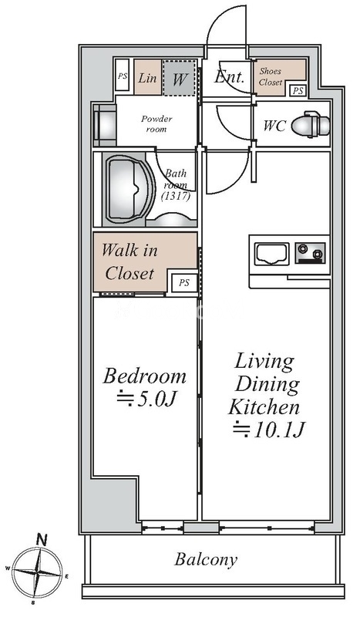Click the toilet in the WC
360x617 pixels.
pyautogui.click(x=311, y=125)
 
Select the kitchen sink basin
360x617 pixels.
pyautogui.click(x=271, y=254)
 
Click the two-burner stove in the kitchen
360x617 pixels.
pyautogui.click(x=310, y=253)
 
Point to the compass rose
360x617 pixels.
pyautogui.click(x=39, y=572)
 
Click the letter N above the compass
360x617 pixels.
pyautogui.click(x=42, y=540)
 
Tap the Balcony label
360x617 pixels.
pyautogui.click(x=206, y=559)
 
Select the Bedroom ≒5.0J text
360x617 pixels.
pyautogui.click(x=145, y=387)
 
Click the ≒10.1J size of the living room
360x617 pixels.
pyautogui.click(x=269, y=430)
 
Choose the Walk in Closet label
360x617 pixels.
pyautogui.click(x=130, y=261)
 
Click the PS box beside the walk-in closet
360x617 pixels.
pyautogui.click(x=184, y=282)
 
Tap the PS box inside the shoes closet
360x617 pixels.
pyautogui.click(x=298, y=90)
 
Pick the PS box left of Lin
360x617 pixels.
pyautogui.click(x=123, y=76)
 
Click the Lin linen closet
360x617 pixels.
pyautogui.click(x=147, y=77)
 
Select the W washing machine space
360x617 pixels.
pyautogui.click(x=179, y=78)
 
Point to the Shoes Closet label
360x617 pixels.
pyautogui.click(x=271, y=76)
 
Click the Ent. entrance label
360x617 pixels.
pyautogui.click(x=229, y=77)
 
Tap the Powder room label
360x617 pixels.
pyautogui.click(x=156, y=123)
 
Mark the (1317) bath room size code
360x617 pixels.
pyautogui.click(x=177, y=196)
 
